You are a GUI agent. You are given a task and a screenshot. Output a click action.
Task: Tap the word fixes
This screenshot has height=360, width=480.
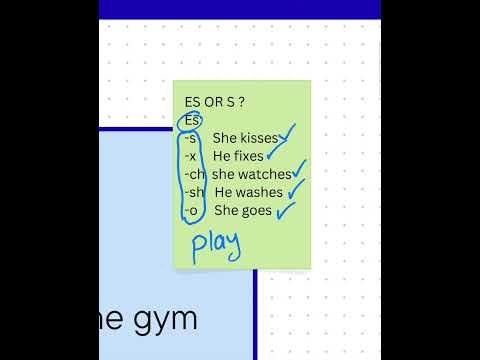click(x=251, y=156)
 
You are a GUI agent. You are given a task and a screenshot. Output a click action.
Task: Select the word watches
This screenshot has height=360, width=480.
click(x=265, y=174)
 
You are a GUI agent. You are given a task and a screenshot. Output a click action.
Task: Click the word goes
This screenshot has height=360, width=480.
click(x=257, y=210)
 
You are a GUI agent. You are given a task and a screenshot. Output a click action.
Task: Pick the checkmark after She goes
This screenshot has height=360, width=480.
click(x=286, y=209)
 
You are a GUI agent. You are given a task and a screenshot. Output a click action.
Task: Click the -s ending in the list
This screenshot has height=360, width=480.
click(x=191, y=138)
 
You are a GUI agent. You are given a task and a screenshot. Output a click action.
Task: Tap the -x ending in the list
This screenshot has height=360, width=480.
click(x=191, y=156)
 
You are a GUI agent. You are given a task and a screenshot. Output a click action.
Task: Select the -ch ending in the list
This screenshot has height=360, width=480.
click(x=194, y=174)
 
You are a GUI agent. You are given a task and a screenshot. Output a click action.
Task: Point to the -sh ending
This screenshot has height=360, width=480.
click(x=194, y=192)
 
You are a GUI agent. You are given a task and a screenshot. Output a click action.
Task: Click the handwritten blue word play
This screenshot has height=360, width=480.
click(x=216, y=244)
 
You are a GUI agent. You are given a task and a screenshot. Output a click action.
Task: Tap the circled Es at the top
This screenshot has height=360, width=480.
click(x=192, y=121)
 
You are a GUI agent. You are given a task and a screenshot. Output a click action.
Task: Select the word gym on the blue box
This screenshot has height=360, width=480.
click(x=166, y=319)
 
